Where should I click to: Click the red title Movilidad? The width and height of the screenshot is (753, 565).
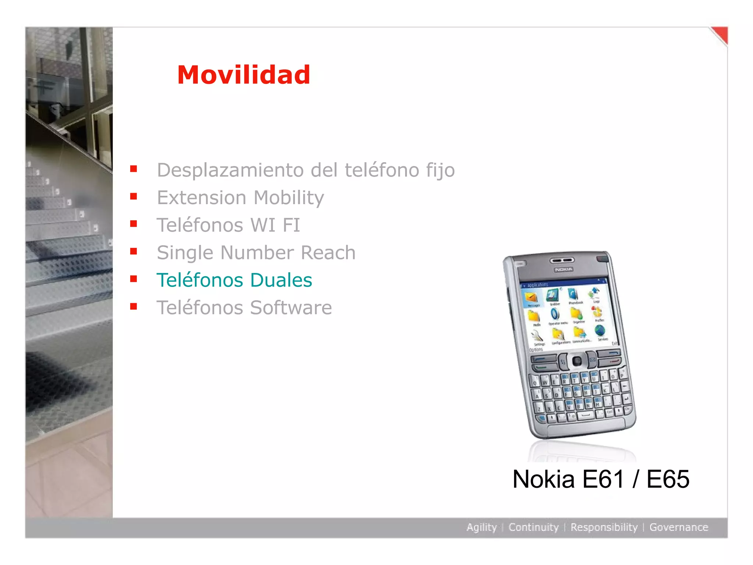pyautogui.click(x=244, y=75)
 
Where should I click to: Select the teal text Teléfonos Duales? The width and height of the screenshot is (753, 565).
pyautogui.click(x=234, y=280)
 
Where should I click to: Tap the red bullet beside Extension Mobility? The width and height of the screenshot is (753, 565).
pyautogui.click(x=133, y=196)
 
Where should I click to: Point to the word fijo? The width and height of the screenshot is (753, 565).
pyautogui.click(x=440, y=170)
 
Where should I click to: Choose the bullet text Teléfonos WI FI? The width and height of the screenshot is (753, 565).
pyautogui.click(x=228, y=225)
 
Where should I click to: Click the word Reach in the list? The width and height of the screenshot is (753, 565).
pyautogui.click(x=328, y=253)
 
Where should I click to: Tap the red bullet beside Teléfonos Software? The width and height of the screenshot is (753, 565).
pyautogui.click(x=133, y=306)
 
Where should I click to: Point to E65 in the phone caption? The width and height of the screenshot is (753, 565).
pyautogui.click(x=668, y=479)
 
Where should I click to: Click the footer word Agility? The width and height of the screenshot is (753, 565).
pyautogui.click(x=481, y=527)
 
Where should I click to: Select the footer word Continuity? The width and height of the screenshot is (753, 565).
pyautogui.click(x=533, y=527)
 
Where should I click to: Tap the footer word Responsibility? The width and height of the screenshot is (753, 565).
pyautogui.click(x=604, y=527)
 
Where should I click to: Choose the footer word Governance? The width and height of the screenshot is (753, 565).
pyautogui.click(x=679, y=527)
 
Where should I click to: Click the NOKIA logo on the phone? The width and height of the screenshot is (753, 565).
pyautogui.click(x=564, y=270)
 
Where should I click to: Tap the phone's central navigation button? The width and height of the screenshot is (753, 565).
pyautogui.click(x=577, y=360)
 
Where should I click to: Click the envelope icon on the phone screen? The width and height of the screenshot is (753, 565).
pyautogui.click(x=531, y=297)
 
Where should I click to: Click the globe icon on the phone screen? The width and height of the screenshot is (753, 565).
pyautogui.click(x=600, y=331)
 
